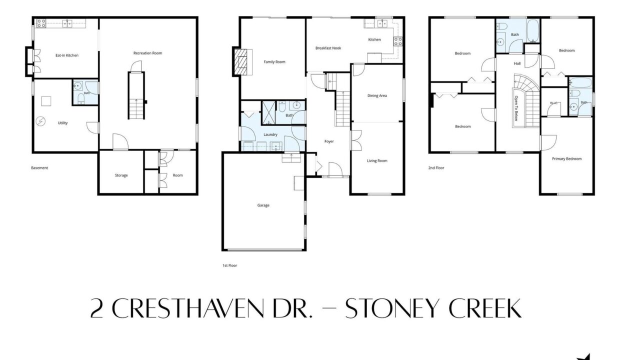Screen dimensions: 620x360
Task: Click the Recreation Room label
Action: click(x=147, y=53)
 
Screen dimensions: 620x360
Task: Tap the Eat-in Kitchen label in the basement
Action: click(x=67, y=55)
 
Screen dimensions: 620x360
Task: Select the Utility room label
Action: click(x=62, y=123)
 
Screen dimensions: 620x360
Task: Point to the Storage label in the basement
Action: click(x=121, y=175)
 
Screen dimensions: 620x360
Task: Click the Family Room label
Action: click(x=274, y=62)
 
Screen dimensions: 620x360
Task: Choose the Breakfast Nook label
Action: click(x=328, y=48)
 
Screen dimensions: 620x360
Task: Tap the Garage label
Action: click(x=263, y=205)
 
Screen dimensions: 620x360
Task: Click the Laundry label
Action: click(x=270, y=134)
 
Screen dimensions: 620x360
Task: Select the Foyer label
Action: click(x=329, y=141)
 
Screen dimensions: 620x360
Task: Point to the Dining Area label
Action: click(x=377, y=95)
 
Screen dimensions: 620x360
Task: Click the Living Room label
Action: click(x=377, y=161)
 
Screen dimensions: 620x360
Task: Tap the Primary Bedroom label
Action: click(x=566, y=159)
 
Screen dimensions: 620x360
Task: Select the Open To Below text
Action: click(x=516, y=108)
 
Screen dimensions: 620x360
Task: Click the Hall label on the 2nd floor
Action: click(x=517, y=63)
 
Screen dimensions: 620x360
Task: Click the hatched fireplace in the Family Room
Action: click(x=240, y=62)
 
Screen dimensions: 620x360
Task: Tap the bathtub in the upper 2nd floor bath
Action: click(x=533, y=30)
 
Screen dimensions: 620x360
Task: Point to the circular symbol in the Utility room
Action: click(x=40, y=121)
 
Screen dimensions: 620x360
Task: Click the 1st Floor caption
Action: click(x=229, y=265)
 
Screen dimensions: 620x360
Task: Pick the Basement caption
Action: click(x=39, y=168)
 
